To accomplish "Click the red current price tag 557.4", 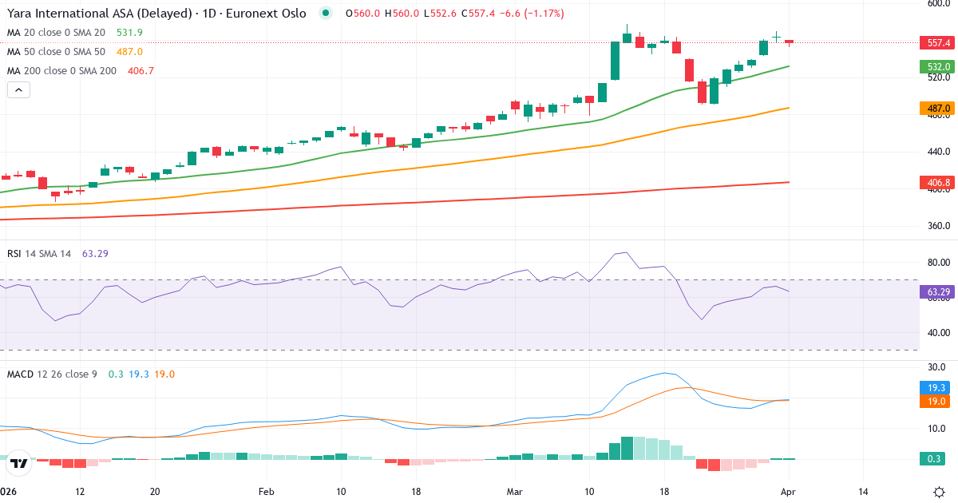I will (934, 42).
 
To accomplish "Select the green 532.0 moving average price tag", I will (934, 67).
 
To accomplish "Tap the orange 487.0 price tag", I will (934, 108).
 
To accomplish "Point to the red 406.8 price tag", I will (934, 183).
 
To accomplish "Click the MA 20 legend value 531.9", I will (129, 33).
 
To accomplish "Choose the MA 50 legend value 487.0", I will (129, 52).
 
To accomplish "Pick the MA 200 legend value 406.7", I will (141, 71).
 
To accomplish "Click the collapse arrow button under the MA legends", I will (19, 90).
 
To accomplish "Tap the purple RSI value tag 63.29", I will (934, 293).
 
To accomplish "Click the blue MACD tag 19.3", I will (934, 387).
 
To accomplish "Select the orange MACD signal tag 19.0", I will (934, 402).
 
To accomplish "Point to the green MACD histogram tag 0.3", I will (934, 459).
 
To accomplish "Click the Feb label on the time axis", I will (267, 492).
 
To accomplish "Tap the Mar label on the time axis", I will (514, 492).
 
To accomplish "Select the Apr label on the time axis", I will (788, 492).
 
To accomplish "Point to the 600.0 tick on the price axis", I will (937, 3).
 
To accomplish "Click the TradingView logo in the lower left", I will (20, 463).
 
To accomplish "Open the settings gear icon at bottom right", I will (940, 492).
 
